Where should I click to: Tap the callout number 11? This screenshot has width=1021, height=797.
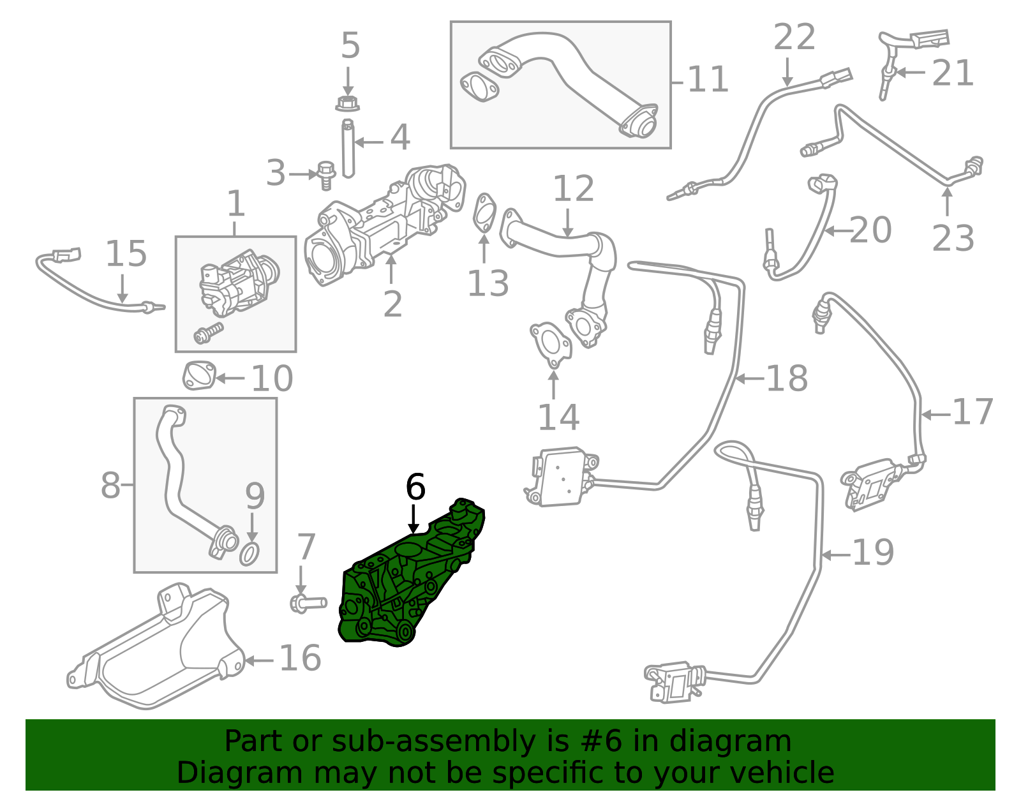[708, 79]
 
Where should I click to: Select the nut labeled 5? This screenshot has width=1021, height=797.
[347, 103]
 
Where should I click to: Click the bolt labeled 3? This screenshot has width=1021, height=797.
[325, 175]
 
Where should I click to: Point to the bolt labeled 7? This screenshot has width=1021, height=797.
[308, 602]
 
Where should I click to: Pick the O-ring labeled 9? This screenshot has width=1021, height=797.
[249, 554]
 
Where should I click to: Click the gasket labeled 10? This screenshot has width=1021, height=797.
[199, 376]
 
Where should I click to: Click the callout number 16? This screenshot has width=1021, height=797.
[301, 658]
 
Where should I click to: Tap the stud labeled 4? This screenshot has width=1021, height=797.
[348, 149]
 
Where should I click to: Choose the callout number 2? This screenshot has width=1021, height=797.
[393, 304]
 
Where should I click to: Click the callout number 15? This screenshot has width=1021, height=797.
[126, 253]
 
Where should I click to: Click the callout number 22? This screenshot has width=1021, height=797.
[794, 36]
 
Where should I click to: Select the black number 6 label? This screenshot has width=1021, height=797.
[415, 487]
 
